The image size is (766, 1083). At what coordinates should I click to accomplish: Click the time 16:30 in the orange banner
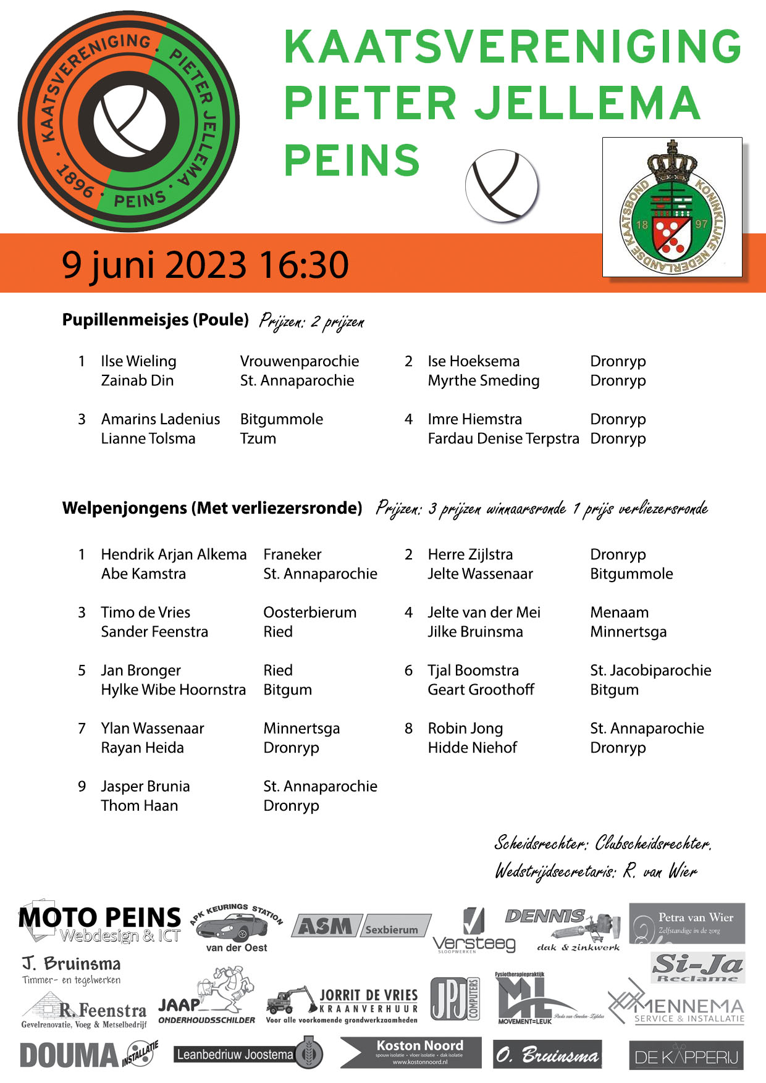pos(304,264)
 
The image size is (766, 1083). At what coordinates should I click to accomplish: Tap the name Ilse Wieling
pos(138,361)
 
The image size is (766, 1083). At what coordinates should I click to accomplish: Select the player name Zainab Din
pos(137,380)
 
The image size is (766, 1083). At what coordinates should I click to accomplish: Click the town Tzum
pos(258,438)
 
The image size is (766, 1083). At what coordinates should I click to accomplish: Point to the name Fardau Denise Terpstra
pos(503,438)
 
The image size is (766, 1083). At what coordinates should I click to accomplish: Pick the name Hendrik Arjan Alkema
pos(174,554)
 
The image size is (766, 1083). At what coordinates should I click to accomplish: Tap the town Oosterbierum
pos(309,613)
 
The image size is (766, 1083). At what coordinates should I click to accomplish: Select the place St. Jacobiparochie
pos(650,671)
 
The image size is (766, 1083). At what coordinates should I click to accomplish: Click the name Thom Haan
pos(139,806)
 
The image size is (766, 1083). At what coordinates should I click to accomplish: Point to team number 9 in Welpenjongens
pos(82,787)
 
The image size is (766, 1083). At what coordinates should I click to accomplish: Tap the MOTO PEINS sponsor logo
pos(99,922)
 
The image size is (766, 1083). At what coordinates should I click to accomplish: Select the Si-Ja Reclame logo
pos(698,967)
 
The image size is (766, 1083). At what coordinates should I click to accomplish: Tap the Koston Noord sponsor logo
pos(411,1052)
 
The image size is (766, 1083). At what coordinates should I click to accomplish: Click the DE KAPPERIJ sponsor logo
pos(686,1056)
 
